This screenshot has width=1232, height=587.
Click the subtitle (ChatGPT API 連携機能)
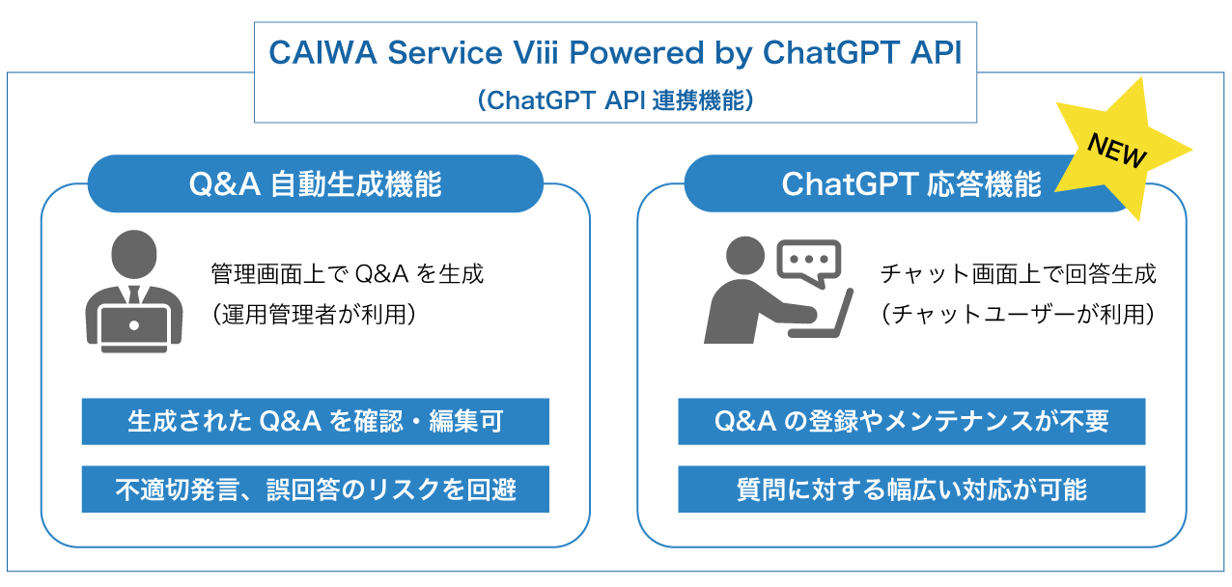coord(615,99)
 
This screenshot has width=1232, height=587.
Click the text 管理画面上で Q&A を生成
coord(348,274)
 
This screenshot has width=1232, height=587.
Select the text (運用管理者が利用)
coord(313,314)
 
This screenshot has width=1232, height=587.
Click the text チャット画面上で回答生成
coord(1018,274)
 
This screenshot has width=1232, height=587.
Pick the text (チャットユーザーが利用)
coord(1018,314)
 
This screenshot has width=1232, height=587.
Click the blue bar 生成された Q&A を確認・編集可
coord(315,422)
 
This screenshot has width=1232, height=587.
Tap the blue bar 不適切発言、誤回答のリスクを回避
coord(315,489)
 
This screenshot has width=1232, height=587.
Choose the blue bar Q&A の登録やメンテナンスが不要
coord(911,422)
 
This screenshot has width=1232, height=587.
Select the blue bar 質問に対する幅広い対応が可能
coord(911,489)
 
